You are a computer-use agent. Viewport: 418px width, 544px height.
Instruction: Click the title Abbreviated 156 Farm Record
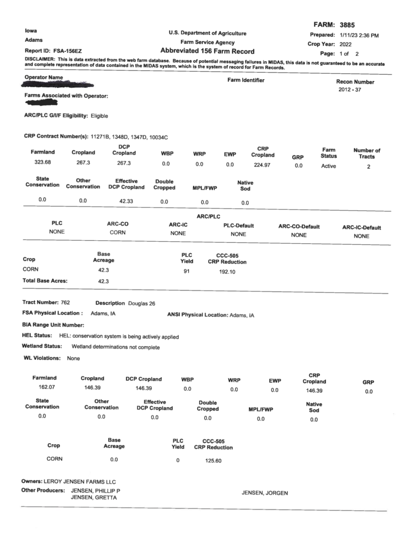[207, 51]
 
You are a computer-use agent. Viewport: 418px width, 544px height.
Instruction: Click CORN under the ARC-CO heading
[118, 233]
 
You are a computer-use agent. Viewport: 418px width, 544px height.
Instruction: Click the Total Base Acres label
[45, 281]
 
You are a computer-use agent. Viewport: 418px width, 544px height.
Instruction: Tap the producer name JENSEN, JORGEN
[265, 493]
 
